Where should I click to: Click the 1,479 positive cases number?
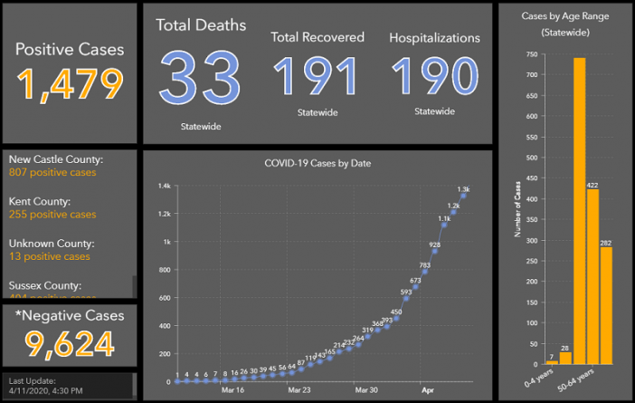70,83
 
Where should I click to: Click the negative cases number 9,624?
70,344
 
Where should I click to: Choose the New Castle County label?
56,159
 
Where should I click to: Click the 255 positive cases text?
52,215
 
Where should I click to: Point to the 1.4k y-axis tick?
165,186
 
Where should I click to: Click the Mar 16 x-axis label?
232,390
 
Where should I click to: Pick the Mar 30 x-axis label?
366,390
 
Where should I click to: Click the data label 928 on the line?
435,245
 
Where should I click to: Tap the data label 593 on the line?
406,292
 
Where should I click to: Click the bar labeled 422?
592,280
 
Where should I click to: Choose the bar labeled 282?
606,304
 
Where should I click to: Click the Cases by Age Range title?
564,16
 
